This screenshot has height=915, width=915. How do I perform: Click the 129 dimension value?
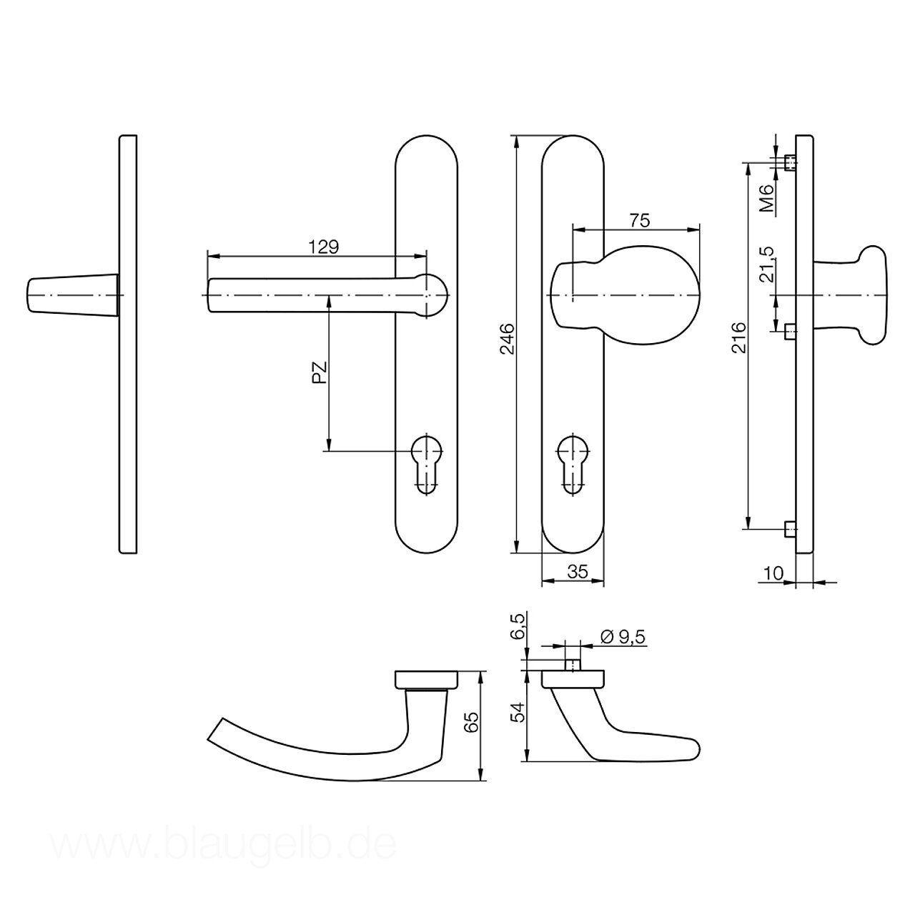(323, 247)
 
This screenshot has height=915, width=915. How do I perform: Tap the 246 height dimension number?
(508, 339)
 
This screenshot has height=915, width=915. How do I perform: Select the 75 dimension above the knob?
(639, 220)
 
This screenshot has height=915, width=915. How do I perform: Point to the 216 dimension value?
(739, 337)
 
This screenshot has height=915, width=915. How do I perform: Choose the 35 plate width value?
(578, 572)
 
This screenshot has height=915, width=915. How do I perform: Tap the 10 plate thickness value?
(773, 573)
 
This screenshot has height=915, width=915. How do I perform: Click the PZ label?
(320, 372)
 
